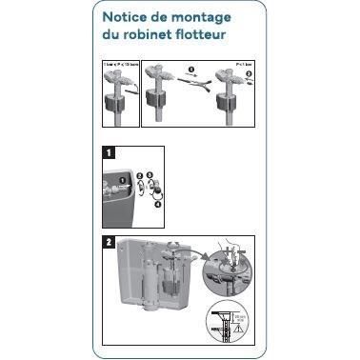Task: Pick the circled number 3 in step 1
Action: pos(150,177)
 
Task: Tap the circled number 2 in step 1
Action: pos(140,177)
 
